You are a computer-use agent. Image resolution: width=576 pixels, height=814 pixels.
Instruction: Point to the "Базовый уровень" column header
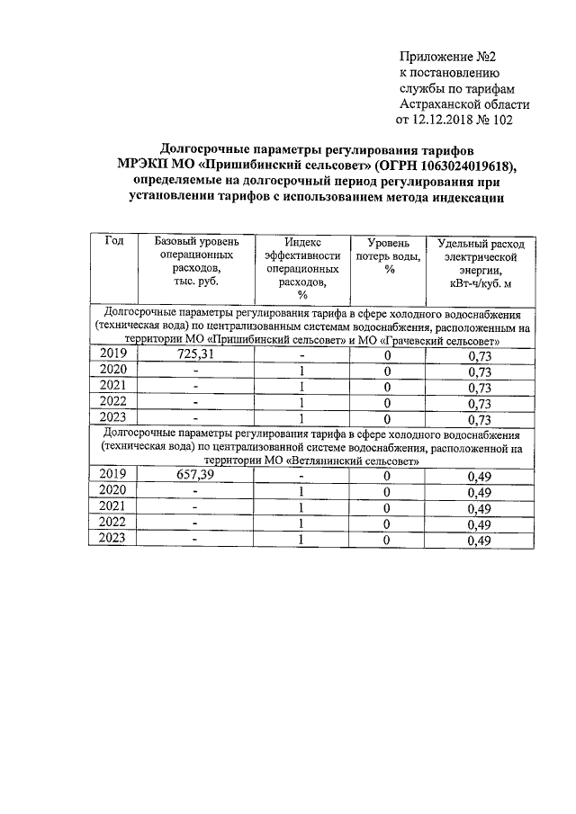(x=196, y=242)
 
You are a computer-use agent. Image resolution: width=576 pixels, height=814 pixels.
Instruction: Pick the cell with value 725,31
(x=196, y=354)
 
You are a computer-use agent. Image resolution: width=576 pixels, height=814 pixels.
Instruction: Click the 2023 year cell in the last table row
(x=114, y=539)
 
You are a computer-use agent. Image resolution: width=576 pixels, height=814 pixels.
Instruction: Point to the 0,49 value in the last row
(x=480, y=541)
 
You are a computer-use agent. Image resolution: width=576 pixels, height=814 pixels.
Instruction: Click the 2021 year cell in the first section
(x=114, y=387)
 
